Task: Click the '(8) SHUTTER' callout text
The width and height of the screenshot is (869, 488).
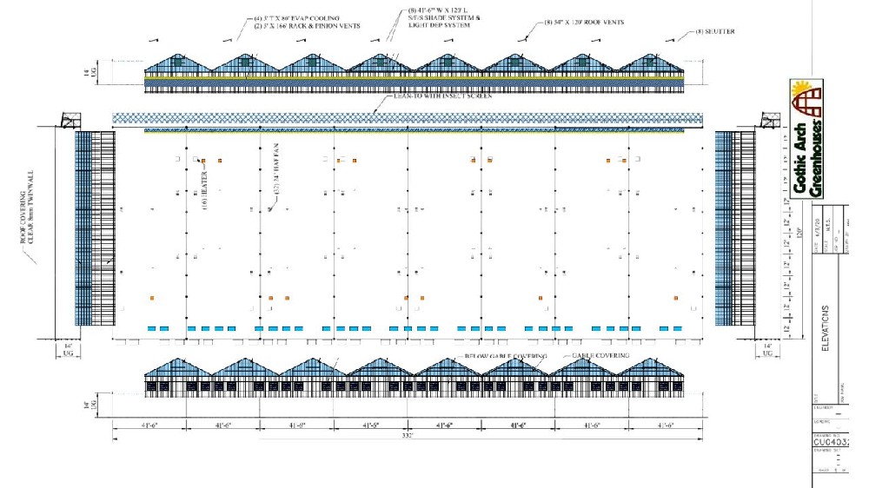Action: point(716,32)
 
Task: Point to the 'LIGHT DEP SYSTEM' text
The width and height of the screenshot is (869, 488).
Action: point(439,25)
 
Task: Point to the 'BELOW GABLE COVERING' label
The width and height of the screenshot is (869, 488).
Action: point(495,357)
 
